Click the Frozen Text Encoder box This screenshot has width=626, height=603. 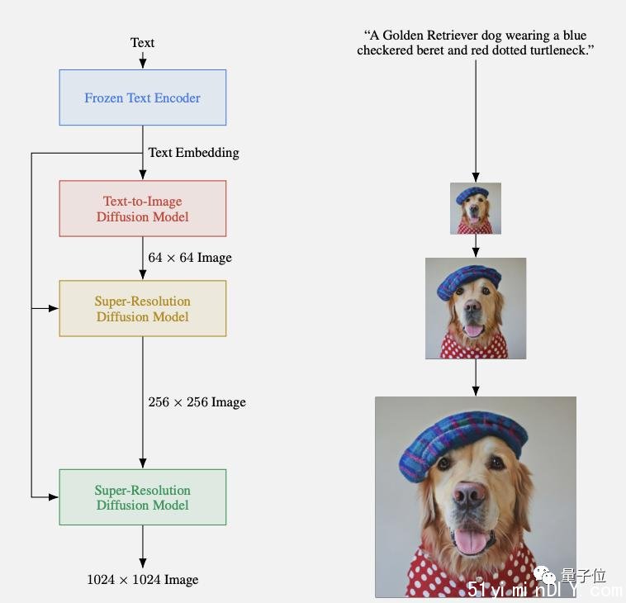[x=143, y=97]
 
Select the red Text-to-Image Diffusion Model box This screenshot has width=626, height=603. [x=143, y=208]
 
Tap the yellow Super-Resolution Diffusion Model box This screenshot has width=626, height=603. [x=143, y=308]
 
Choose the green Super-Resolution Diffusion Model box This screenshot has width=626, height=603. [x=143, y=497]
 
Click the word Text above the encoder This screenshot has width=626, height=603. [x=142, y=42]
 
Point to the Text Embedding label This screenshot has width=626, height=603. [x=193, y=153]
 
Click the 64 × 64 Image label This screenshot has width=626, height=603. [x=190, y=258]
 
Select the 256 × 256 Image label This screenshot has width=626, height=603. [x=197, y=402]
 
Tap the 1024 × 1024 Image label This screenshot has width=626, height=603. [x=143, y=579]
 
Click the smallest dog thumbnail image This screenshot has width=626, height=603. [x=476, y=208]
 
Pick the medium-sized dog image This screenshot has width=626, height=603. [x=476, y=308]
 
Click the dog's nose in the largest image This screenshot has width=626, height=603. [x=469, y=494]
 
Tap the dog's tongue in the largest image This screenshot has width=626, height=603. [x=471, y=541]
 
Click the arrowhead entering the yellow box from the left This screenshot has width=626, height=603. [x=54, y=308]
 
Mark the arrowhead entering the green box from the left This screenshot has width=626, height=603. [x=54, y=497]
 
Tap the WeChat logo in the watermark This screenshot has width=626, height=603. [x=544, y=576]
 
